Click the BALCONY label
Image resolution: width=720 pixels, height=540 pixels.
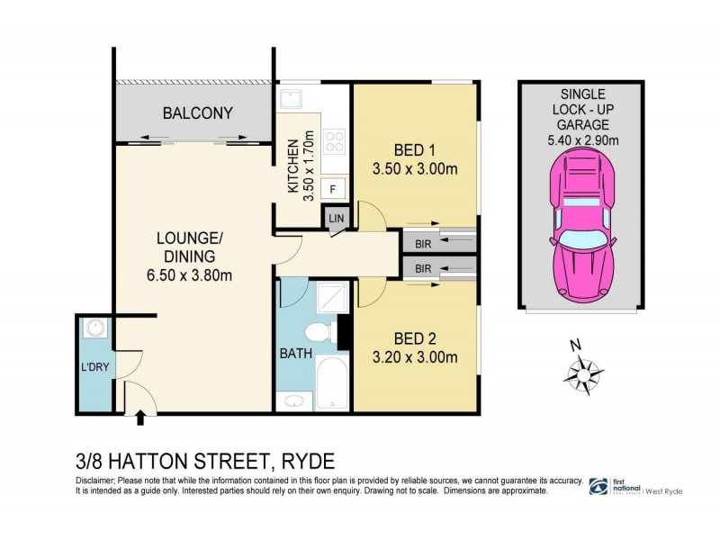(197, 113)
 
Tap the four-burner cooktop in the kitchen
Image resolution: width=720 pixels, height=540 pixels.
(335, 142)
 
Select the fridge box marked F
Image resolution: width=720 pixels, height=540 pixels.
(333, 189)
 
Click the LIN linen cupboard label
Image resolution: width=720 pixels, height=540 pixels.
(337, 219)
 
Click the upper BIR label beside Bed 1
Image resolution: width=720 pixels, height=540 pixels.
(423, 241)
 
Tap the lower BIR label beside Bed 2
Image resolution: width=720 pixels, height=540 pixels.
(423, 268)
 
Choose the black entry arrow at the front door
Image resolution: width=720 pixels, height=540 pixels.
(139, 417)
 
